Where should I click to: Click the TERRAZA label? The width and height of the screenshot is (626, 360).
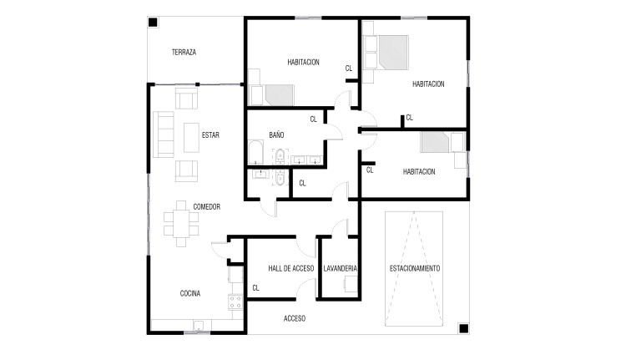[184, 52]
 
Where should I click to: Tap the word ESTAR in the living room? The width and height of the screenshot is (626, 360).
[210, 135]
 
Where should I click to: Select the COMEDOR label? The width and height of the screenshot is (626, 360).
[206, 206]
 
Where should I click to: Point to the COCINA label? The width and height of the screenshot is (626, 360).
[190, 293]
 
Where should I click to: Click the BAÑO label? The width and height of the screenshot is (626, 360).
[276, 134]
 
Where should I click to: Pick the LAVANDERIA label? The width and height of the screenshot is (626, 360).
[340, 268]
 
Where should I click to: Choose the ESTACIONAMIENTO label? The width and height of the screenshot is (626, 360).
[414, 268]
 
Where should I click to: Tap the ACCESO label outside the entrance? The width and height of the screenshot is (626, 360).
[295, 318]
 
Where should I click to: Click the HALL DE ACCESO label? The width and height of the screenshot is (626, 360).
[291, 268]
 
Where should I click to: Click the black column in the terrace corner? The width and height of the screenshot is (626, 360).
[153, 22]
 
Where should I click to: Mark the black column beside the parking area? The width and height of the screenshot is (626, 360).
[463, 328]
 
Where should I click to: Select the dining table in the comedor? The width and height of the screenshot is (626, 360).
[181, 224]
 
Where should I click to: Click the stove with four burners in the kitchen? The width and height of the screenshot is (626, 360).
[235, 302]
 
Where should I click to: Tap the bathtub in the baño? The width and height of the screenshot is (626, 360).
[255, 152]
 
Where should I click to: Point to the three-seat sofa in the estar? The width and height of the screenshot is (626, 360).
[164, 134]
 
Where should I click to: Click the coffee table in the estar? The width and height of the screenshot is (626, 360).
[191, 138]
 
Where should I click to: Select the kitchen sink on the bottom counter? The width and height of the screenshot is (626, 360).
[199, 325]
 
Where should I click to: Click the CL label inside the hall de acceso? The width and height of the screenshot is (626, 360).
[255, 287]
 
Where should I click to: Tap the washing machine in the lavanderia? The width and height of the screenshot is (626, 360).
[351, 284]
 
